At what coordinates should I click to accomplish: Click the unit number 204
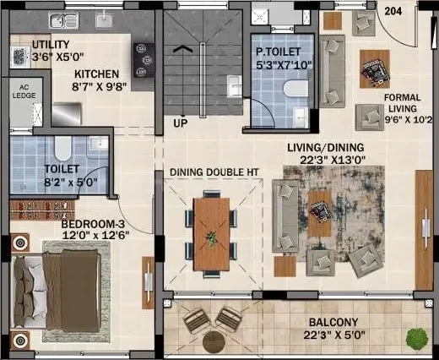[x=393, y=11]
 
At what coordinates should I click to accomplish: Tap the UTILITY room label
[x=51, y=45]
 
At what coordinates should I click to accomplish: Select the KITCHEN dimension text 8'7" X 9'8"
[x=99, y=86]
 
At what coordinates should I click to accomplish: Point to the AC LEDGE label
[x=24, y=91]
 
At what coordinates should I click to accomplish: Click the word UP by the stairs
[x=181, y=123]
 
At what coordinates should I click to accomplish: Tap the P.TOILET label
[x=278, y=52]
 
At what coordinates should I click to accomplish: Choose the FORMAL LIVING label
[x=403, y=103]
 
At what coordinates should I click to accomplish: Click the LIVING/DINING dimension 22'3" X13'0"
[x=333, y=160]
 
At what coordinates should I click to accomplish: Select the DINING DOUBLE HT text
[x=214, y=172]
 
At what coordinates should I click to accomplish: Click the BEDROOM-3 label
[x=93, y=224]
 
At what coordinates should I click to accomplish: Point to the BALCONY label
[x=333, y=322]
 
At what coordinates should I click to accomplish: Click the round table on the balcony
[x=214, y=341]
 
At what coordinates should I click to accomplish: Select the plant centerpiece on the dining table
[x=211, y=237]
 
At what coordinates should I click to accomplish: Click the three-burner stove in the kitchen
[x=144, y=60]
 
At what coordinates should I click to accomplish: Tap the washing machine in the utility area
[x=20, y=57]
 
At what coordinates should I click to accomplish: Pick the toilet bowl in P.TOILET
[x=295, y=89]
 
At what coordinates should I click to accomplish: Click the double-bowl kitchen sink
[x=64, y=21]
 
